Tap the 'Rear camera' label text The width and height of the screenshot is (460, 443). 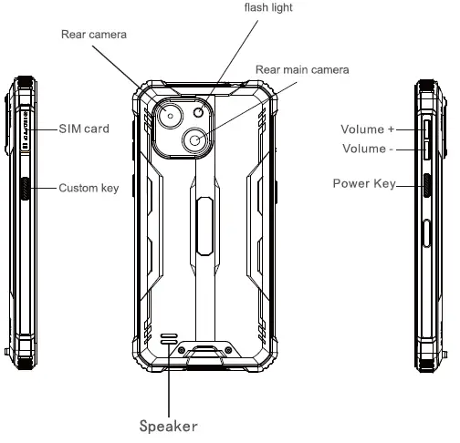94,36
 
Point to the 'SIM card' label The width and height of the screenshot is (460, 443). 84,129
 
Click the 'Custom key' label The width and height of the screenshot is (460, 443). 89,189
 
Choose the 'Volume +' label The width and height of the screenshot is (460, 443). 367,129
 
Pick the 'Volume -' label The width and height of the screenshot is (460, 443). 367,149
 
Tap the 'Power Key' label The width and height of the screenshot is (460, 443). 363,184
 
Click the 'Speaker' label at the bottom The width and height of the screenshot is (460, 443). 168,425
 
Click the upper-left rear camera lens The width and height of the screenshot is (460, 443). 171,117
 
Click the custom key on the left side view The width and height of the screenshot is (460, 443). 24,189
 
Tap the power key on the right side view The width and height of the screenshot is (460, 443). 428,187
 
